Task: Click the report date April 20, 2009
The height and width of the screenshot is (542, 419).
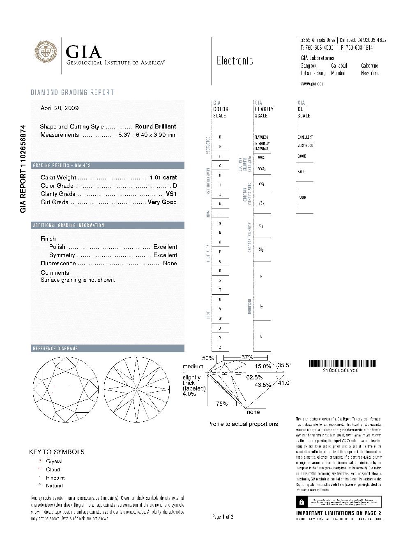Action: point(60,108)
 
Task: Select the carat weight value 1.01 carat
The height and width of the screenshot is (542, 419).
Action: point(163,177)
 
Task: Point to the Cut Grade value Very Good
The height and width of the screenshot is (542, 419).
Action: point(162,202)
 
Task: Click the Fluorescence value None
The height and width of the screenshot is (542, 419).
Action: point(170,263)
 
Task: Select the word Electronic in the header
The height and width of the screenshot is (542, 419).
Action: point(235,61)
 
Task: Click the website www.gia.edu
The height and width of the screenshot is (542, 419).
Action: point(312,84)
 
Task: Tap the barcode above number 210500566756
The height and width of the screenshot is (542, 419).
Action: point(342,363)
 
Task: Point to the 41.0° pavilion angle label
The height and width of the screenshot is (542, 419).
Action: point(285,383)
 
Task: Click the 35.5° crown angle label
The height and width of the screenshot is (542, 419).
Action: point(284,365)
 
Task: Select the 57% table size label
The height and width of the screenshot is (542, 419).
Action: point(247,358)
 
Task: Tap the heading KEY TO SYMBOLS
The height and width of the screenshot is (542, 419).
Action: point(57,452)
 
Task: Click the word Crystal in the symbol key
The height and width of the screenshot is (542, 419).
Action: point(54,462)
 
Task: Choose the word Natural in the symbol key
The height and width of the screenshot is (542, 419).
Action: point(54,486)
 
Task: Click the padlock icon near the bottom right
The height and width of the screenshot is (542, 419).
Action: point(302,502)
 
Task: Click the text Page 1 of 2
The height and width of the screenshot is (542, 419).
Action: point(223,517)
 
